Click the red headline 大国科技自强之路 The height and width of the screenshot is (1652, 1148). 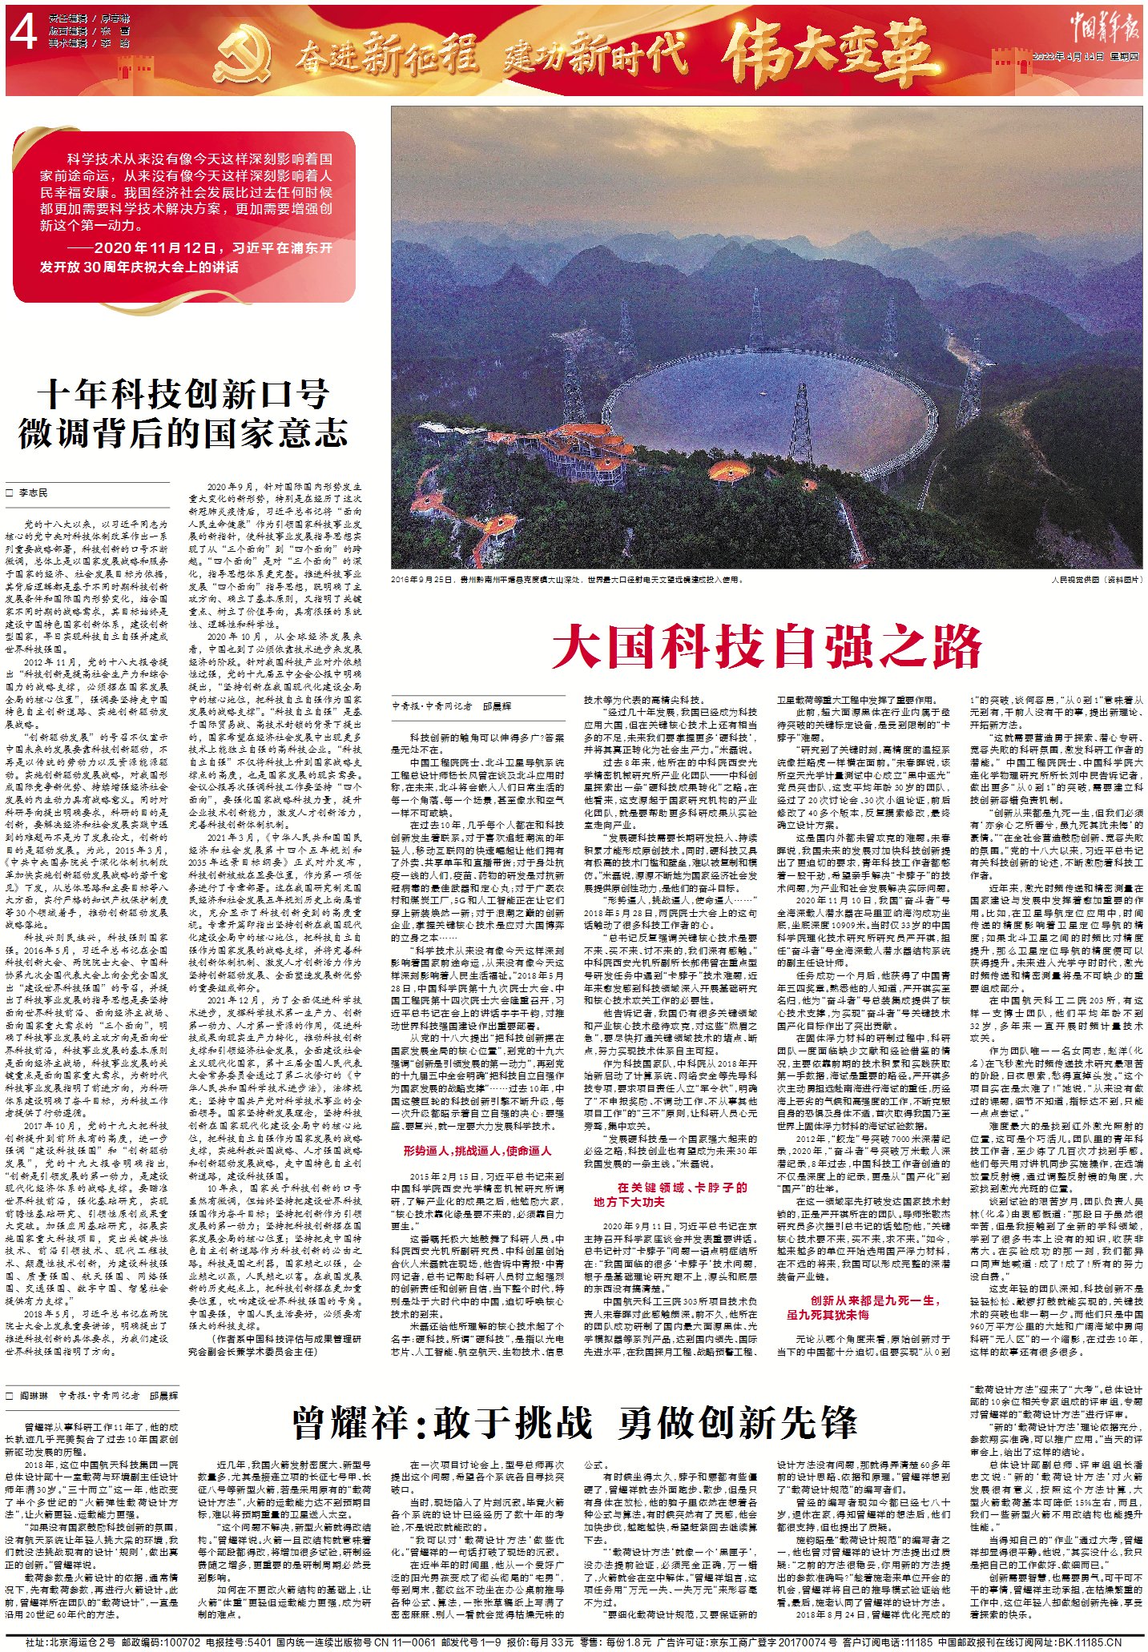point(767,647)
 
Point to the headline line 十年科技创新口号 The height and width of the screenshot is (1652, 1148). point(183,395)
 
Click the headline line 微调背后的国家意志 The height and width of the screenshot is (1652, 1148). point(183,433)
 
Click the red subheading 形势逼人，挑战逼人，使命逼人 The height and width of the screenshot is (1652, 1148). point(477,1151)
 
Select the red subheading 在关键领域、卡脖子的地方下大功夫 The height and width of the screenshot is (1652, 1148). point(670,1194)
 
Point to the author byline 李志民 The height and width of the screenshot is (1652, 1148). point(34,493)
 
